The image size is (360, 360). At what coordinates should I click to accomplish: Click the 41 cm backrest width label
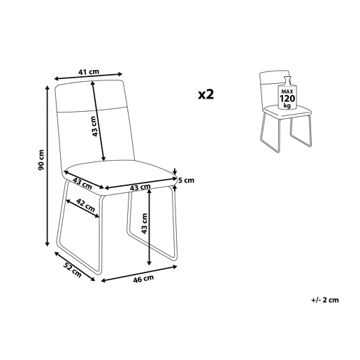[89, 72]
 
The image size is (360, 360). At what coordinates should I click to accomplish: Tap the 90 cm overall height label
[41, 159]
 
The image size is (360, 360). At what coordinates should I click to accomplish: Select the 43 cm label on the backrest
[94, 126]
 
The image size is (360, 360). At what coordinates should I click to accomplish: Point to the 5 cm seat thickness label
[186, 180]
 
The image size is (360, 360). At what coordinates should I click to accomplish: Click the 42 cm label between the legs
[86, 205]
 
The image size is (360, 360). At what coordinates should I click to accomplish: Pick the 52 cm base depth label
[73, 270]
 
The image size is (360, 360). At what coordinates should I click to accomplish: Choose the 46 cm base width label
[143, 279]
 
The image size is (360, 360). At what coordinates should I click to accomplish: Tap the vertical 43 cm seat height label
[144, 223]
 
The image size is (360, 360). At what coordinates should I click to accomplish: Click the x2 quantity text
[206, 94]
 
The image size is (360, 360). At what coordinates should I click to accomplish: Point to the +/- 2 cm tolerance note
[324, 300]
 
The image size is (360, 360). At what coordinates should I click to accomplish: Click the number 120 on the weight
[287, 99]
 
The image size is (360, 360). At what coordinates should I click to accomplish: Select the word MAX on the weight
[287, 92]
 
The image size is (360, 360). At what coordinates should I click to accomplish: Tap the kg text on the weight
[287, 106]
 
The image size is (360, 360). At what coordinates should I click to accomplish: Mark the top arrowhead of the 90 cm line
[48, 88]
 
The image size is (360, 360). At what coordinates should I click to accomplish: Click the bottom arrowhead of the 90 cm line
[48, 243]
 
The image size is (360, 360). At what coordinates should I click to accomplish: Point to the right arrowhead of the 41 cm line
[120, 74]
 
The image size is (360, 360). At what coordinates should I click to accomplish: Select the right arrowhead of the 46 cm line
[175, 267]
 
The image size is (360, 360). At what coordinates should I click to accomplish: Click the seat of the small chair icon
[287, 111]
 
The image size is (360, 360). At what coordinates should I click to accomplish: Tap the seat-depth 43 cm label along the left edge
[82, 182]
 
